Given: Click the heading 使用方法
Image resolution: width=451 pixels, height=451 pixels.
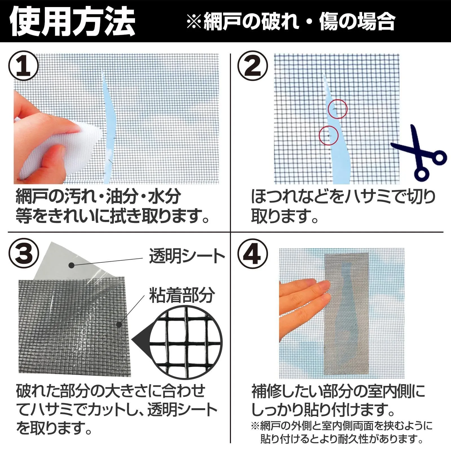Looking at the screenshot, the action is pos(72,21).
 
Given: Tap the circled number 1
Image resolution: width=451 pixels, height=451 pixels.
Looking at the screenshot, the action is pos(24,66).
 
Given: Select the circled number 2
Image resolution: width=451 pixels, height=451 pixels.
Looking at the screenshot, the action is pos(253,66).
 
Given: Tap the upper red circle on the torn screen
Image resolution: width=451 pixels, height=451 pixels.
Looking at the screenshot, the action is pos(337,109).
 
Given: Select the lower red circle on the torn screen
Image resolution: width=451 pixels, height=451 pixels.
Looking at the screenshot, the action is pos(329,136).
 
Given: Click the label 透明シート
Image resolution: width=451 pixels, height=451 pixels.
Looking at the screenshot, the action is pos(187,256).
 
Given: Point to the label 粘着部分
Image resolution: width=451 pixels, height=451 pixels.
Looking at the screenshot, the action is pos(182,295).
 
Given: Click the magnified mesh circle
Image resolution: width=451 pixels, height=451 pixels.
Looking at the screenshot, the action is pos(186,342).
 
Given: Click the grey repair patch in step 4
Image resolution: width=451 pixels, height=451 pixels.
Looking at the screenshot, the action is pos(346,314).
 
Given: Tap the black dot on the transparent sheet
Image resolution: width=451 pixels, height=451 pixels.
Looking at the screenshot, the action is pos(72,265).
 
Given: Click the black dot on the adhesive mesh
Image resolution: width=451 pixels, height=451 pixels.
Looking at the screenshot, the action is pos(119,325).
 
